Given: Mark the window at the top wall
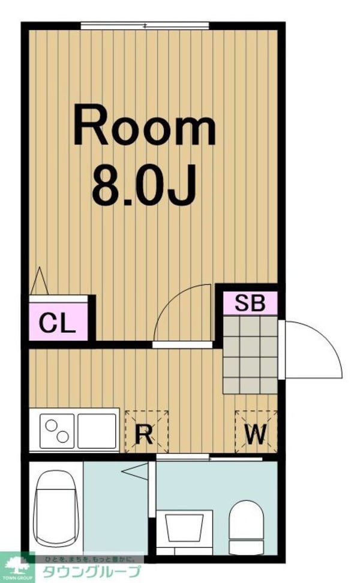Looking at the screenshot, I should (145, 25).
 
